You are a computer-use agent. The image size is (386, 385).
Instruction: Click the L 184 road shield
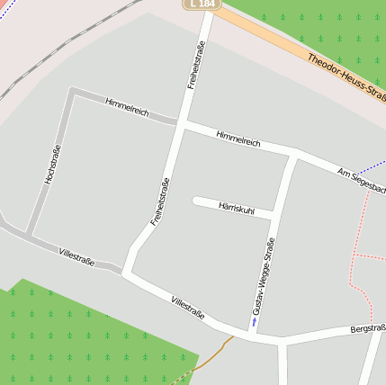pyautogui.click(x=203, y=4)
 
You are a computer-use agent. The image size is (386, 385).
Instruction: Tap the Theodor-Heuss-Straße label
pyautogui.click(x=346, y=81)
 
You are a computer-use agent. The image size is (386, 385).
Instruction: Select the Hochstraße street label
pyautogui.click(x=51, y=165)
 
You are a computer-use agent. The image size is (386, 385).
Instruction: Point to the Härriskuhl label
pyautogui.click(x=237, y=208)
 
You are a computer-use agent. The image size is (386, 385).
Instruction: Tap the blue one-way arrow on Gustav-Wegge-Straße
pyautogui.click(x=254, y=320)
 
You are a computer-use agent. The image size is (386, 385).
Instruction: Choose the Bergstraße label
pyautogui.click(x=367, y=330)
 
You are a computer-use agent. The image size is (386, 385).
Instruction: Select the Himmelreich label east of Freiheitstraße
pyautogui.click(x=238, y=139)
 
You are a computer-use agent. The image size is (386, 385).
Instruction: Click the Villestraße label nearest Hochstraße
pyautogui.click(x=76, y=257)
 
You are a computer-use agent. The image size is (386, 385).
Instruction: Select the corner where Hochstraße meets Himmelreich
pyautogui.click(x=72, y=92)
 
